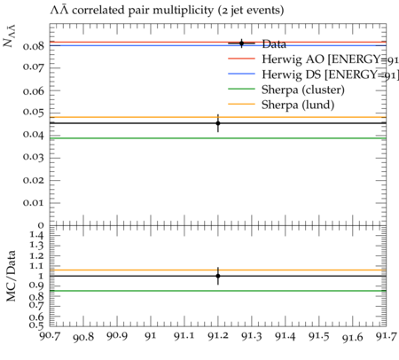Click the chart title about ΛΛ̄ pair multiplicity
click(x=167, y=11)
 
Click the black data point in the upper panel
click(x=218, y=123)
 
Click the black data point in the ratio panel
click(x=218, y=276)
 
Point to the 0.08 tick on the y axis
click(x=34, y=46)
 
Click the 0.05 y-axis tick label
click(x=34, y=113)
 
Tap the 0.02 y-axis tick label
click(x=34, y=180)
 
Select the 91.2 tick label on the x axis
click(x=218, y=336)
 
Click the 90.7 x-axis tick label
click(x=50, y=336)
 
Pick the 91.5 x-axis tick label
click(x=319, y=336)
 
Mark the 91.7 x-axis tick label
click(x=387, y=336)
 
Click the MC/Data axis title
click(x=12, y=276)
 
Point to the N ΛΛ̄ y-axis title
click(x=9, y=36)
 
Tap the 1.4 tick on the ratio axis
click(x=36, y=236)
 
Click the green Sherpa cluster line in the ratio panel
click(x=218, y=291)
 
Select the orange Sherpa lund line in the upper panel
click(x=218, y=117)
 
